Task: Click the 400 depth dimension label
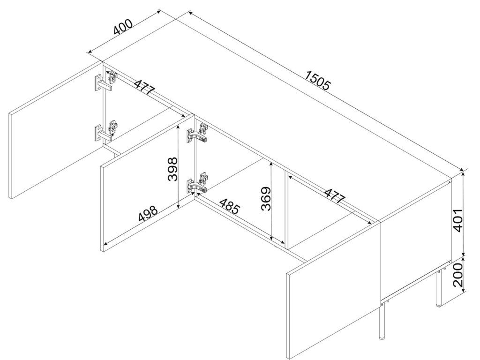[123, 27]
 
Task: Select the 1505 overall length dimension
[318, 81]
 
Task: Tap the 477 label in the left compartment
[144, 87]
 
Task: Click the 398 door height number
[173, 169]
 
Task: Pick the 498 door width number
[148, 213]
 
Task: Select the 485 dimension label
[229, 206]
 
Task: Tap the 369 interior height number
[266, 199]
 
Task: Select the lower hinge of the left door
[105, 130]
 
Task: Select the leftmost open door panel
[56, 130]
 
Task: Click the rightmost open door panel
[334, 289]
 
